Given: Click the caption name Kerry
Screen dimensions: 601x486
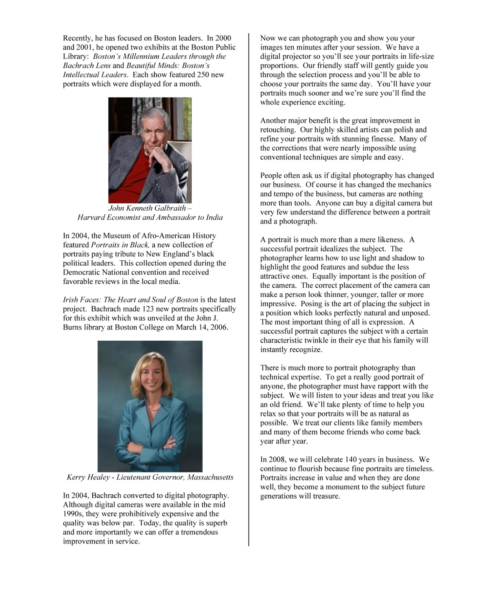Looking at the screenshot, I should [x=76, y=477].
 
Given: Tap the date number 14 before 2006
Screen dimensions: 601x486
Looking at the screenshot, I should [x=203, y=327].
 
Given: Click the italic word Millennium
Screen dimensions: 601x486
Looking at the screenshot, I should [x=136, y=56].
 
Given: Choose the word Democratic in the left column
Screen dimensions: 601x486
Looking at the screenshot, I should [x=81, y=272].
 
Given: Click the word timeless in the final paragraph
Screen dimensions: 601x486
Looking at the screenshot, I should [x=418, y=469].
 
